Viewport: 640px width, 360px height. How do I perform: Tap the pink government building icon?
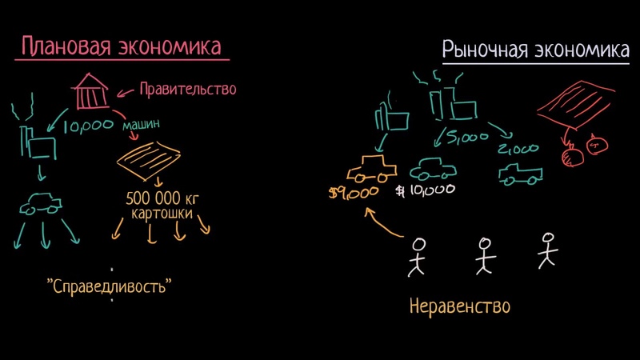coord(90,91)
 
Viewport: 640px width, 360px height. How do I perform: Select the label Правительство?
coord(188,89)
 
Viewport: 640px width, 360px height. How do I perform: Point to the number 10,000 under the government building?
coord(88,126)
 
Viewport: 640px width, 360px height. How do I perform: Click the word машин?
coord(141,125)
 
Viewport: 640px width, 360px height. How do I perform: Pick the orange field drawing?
coord(149,161)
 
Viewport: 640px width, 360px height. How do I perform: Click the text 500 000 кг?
coord(162,198)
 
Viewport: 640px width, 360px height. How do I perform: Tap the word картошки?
coord(162,214)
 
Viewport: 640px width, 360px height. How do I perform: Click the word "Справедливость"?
coord(109,286)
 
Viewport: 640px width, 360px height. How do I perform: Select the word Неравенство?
coord(459,306)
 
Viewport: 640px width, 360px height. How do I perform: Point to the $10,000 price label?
coord(425,190)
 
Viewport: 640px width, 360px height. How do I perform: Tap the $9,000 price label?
coord(354,193)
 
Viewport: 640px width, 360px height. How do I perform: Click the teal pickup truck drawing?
coord(521,174)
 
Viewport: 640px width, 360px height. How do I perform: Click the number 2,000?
coord(518,149)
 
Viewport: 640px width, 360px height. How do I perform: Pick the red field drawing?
coord(575,105)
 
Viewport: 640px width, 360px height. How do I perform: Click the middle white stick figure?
coord(485,256)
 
